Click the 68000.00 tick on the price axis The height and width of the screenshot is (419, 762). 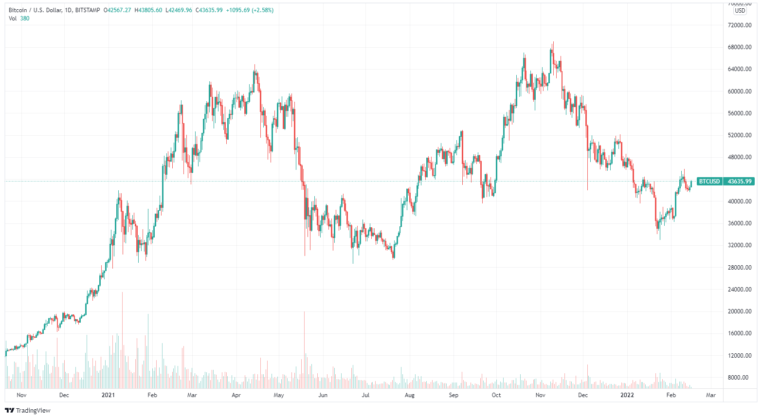(740, 47)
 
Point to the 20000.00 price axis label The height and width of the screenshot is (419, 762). (740, 311)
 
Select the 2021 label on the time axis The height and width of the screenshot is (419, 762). (108, 395)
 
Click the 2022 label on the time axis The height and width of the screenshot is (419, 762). (627, 395)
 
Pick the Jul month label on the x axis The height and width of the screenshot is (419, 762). (365, 395)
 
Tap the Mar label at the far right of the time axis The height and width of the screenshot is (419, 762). (711, 395)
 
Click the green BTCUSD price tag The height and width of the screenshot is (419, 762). (709, 182)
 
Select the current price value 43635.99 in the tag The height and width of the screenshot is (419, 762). (740, 182)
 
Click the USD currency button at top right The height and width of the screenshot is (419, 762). (740, 11)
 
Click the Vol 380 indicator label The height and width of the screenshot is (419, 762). (19, 18)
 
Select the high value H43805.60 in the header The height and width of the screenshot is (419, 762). (148, 10)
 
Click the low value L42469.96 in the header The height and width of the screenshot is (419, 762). (179, 10)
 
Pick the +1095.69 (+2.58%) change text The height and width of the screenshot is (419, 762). (250, 10)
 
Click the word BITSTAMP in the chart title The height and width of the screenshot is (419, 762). (88, 10)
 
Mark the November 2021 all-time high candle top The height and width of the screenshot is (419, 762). (553, 43)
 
